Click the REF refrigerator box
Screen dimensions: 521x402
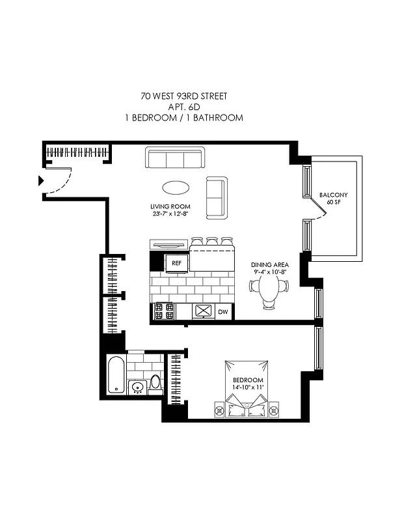tap(176, 264)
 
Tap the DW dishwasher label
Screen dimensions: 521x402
tap(222, 313)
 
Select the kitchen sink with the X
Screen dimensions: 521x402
tap(204, 311)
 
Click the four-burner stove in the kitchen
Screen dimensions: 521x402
tap(164, 311)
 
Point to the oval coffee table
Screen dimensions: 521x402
tap(176, 188)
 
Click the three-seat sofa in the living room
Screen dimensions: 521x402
tap(175, 158)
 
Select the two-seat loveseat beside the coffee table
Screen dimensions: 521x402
tap(216, 197)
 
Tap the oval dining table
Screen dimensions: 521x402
tap(269, 287)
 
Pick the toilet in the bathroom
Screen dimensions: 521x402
tap(156, 384)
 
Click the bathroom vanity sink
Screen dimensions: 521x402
tap(137, 388)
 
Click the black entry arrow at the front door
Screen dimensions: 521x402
tap(41, 180)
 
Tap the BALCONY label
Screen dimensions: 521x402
tap(333, 195)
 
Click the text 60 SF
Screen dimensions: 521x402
tap(333, 203)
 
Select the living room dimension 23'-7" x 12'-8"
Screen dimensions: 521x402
tap(169, 214)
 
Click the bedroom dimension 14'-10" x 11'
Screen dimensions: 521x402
tap(247, 388)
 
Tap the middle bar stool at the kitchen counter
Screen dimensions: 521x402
tap(211, 242)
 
